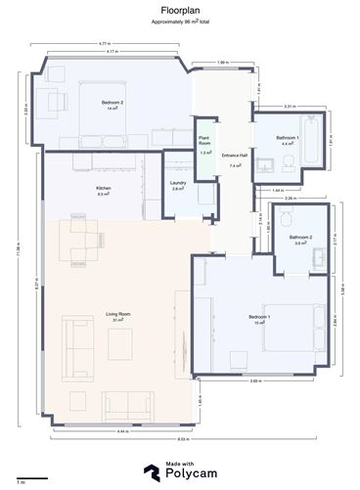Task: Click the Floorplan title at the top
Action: point(179,7)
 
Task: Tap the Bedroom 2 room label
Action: point(112,104)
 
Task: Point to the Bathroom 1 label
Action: point(288,139)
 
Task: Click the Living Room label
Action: point(118,315)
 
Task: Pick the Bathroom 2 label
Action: point(299,239)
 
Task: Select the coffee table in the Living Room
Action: point(120,342)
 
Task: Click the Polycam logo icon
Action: point(153,473)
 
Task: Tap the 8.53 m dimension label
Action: point(183,440)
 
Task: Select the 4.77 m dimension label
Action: point(103,43)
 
